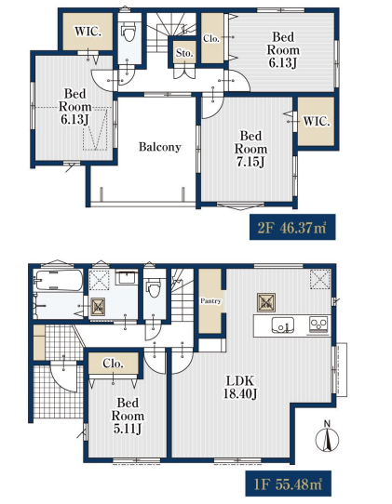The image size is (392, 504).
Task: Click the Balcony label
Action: pyautogui.click(x=159, y=147)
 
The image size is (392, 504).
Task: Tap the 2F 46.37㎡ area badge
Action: pyautogui.click(x=292, y=227)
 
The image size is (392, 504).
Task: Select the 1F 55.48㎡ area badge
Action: pyautogui.click(x=288, y=484)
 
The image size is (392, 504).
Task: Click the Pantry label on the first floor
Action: pyautogui.click(x=210, y=301)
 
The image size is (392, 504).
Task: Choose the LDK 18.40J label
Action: pyautogui.click(x=240, y=387)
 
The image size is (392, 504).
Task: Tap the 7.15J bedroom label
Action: pyautogui.click(x=250, y=149)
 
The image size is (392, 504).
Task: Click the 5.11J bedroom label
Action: pyautogui.click(x=128, y=416)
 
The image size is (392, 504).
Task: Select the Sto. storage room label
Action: pyautogui.click(x=184, y=53)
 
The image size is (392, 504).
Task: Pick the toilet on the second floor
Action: pyautogui.click(x=129, y=33)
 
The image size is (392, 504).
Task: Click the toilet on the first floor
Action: pyautogui.click(x=155, y=288)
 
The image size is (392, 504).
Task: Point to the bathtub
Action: pyautogui.click(x=59, y=280)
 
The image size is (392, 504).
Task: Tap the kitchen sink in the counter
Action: pyautogui.click(x=282, y=325)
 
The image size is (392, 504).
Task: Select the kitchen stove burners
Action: pyautogui.click(x=318, y=324)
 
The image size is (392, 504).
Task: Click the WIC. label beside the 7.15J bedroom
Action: pyautogui.click(x=317, y=122)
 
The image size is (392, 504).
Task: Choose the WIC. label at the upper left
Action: pyautogui.click(x=88, y=32)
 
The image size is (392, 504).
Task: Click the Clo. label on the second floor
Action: pyautogui.click(x=211, y=38)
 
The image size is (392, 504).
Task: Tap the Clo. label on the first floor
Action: pyautogui.click(x=114, y=364)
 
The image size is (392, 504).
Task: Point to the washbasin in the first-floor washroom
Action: pyautogui.click(x=127, y=277)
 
